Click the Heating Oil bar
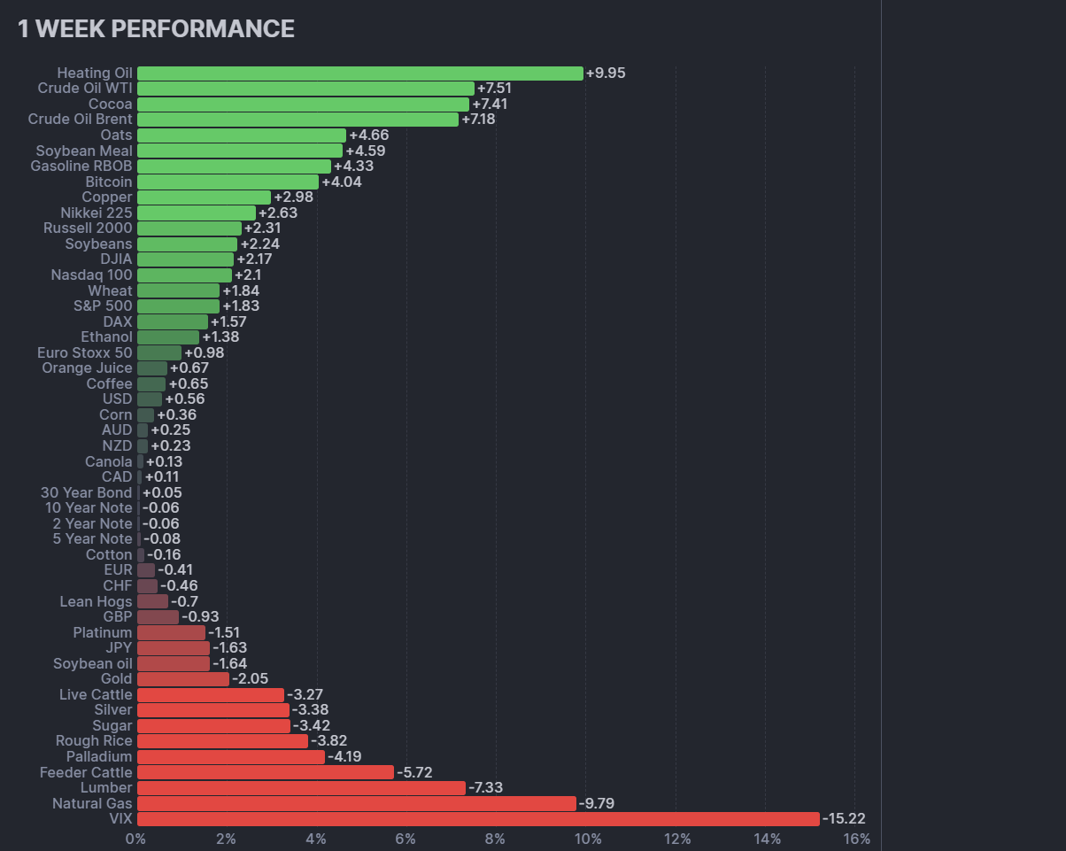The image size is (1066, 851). [359, 73]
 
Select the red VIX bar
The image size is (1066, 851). [478, 819]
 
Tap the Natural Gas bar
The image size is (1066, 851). [356, 803]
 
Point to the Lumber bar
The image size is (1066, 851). [301, 788]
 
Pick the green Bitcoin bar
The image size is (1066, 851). [228, 182]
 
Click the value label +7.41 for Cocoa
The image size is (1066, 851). [490, 104]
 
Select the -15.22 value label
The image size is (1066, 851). [844, 819]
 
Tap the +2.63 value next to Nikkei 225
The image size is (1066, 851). [278, 213]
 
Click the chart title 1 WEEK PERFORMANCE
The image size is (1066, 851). [156, 29]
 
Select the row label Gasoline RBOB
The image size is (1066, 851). [81, 166]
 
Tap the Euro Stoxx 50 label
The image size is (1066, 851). [85, 353]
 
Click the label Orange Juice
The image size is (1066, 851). [87, 368]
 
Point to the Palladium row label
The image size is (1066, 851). [99, 757]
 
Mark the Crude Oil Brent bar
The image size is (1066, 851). [297, 120]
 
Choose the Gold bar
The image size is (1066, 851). [182, 679]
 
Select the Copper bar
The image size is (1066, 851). [204, 197]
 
